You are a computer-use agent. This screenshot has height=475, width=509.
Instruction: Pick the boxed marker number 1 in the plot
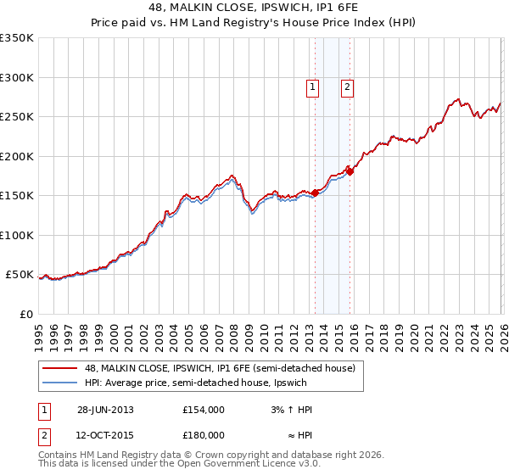(x=312, y=86)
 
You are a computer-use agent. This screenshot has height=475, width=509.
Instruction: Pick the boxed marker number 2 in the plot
(x=347, y=86)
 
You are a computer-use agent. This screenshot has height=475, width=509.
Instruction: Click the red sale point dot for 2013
(x=315, y=193)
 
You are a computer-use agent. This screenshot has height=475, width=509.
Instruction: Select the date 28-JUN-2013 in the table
(x=105, y=410)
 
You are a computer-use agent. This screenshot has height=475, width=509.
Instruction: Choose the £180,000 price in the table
(x=204, y=434)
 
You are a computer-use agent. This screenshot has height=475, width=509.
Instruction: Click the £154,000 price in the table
(x=204, y=410)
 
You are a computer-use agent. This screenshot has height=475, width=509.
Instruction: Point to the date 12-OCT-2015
(x=105, y=434)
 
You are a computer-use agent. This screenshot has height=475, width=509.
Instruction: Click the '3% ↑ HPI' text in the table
(x=292, y=410)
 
